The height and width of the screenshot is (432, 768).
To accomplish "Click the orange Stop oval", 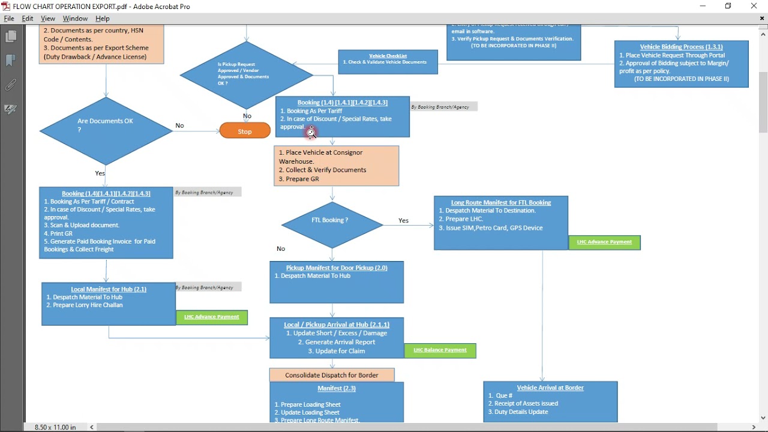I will click(x=245, y=131).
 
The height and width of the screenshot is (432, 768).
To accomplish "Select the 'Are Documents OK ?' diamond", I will click(x=106, y=130).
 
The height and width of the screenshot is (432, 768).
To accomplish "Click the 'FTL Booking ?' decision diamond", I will click(x=332, y=225).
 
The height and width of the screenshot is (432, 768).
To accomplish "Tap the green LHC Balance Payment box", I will click(x=440, y=350).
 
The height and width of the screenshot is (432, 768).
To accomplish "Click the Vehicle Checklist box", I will click(x=388, y=62).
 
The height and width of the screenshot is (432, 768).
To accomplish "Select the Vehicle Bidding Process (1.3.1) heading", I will click(x=681, y=47).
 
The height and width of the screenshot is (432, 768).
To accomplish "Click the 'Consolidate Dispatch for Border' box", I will click(x=332, y=375).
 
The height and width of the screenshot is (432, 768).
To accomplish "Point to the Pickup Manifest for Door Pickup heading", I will click(x=337, y=268).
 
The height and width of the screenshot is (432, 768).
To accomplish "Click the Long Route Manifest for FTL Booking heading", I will click(x=501, y=203).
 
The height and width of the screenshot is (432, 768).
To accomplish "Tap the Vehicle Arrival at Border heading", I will click(x=550, y=388).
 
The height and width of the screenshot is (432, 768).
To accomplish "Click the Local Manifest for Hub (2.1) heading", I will click(x=109, y=289).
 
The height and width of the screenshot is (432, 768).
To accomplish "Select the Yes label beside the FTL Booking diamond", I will click(x=404, y=221).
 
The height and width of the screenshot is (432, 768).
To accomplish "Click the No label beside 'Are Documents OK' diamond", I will click(x=179, y=125).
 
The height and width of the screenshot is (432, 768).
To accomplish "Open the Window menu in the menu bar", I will click(x=75, y=19).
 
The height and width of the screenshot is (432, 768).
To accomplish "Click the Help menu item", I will click(x=103, y=19).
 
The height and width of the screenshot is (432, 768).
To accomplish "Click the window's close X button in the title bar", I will click(x=754, y=6).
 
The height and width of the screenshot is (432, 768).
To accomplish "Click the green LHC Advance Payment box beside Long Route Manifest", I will click(x=604, y=242).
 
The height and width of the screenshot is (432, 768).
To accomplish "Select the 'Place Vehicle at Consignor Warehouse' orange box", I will click(x=337, y=166).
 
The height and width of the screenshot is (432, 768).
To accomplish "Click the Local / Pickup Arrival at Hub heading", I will click(x=337, y=325).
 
